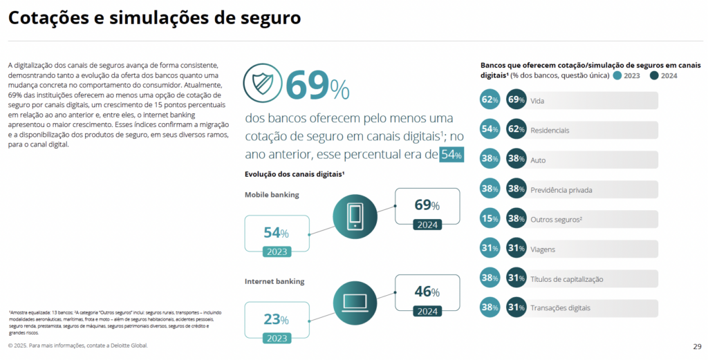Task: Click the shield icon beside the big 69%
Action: tap(261, 84)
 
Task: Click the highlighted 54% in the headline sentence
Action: tap(451, 155)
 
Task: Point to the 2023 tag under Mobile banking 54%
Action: tap(277, 252)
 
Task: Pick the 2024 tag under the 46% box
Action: tap(427, 311)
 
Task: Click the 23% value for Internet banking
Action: tap(276, 319)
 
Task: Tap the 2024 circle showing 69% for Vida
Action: tap(516, 100)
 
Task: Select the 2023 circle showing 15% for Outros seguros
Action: tap(490, 218)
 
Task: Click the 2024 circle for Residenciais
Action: tap(516, 129)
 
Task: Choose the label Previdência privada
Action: tap(561, 189)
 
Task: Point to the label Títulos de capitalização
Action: tap(566, 278)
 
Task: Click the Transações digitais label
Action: tap(560, 307)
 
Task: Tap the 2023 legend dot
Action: tap(617, 75)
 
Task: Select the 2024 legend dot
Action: tap(654, 75)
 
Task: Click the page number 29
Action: tap(696, 346)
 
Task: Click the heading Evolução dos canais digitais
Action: tap(295, 174)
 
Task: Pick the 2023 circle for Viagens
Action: tap(490, 248)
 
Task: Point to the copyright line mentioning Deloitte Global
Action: tap(78, 345)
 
